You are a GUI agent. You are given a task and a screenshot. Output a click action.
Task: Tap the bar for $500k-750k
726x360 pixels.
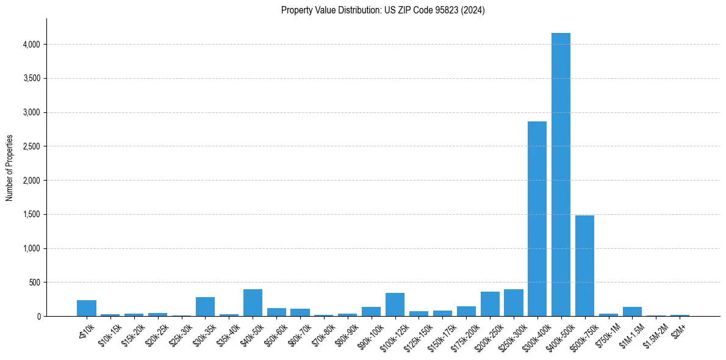pos(584,265)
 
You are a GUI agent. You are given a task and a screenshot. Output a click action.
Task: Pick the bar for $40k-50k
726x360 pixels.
pos(253,303)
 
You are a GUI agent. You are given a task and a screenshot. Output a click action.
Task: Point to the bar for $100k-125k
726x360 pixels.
pos(395,304)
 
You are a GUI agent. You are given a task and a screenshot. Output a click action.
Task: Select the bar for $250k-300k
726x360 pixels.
pos(513,303)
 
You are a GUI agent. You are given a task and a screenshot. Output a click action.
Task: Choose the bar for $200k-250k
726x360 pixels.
pos(490,304)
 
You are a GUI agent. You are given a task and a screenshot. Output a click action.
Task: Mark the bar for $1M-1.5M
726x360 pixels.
pos(632,312)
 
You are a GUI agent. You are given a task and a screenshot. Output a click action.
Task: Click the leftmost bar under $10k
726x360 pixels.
pos(87,308)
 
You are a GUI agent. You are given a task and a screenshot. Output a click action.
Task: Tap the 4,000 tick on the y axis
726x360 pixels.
pos(31,45)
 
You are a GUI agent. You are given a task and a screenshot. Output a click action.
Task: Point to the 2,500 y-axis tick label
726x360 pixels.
pos(31,146)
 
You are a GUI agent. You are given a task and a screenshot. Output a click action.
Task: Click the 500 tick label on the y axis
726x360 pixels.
pos(35,283)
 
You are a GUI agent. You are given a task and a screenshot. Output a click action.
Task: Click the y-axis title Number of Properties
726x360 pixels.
pos(10,168)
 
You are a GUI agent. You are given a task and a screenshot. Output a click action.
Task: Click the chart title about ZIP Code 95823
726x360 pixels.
pos(383,10)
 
